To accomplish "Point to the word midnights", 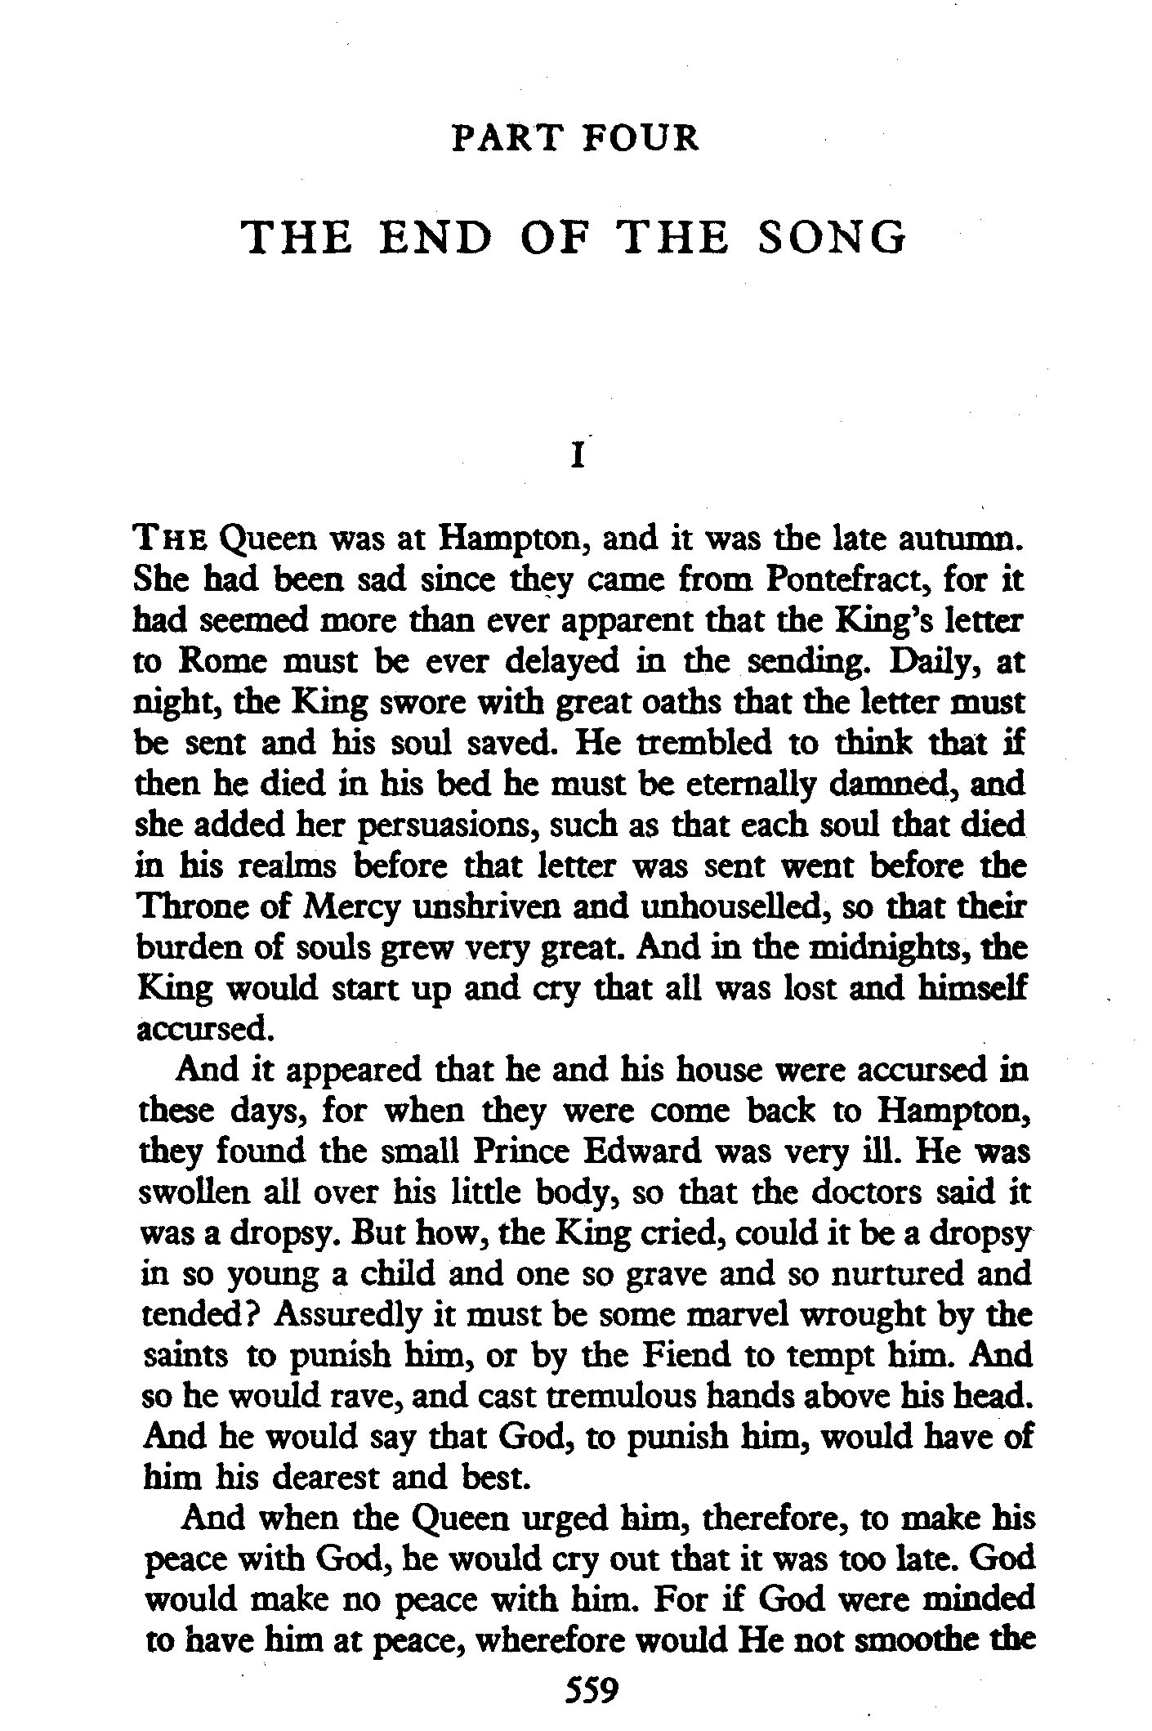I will coord(868,947).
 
